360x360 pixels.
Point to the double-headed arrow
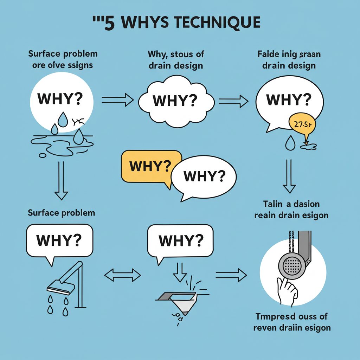123,275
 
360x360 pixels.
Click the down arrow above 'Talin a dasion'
289,176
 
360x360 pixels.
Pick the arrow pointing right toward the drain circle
231,275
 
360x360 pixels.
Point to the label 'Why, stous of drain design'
176,60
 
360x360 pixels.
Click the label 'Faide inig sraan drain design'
289,60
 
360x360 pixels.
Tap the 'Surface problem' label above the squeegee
62,212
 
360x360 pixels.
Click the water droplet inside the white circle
63,120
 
